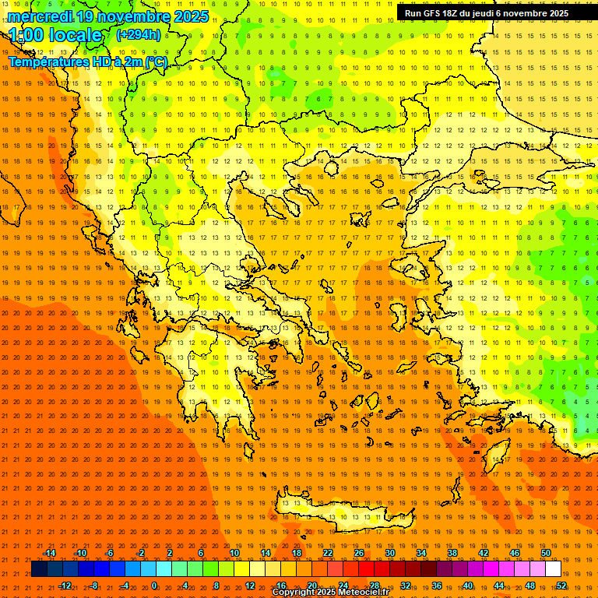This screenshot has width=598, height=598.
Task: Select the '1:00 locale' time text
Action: coord(56,36)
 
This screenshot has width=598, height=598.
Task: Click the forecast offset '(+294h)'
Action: coord(139,34)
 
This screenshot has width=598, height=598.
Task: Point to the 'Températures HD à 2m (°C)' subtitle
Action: coord(87,62)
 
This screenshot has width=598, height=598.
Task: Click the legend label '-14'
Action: coord(49,553)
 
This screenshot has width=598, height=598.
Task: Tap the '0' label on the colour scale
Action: coord(154,586)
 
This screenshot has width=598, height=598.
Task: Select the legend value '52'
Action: coord(561,586)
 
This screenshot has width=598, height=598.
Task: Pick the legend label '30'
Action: coord(389,553)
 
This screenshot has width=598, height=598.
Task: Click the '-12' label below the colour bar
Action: coord(65,586)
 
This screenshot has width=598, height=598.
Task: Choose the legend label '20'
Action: coord(311,586)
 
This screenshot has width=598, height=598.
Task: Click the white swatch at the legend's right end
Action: coord(553,569)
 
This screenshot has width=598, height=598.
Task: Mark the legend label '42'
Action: coord(483,553)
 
